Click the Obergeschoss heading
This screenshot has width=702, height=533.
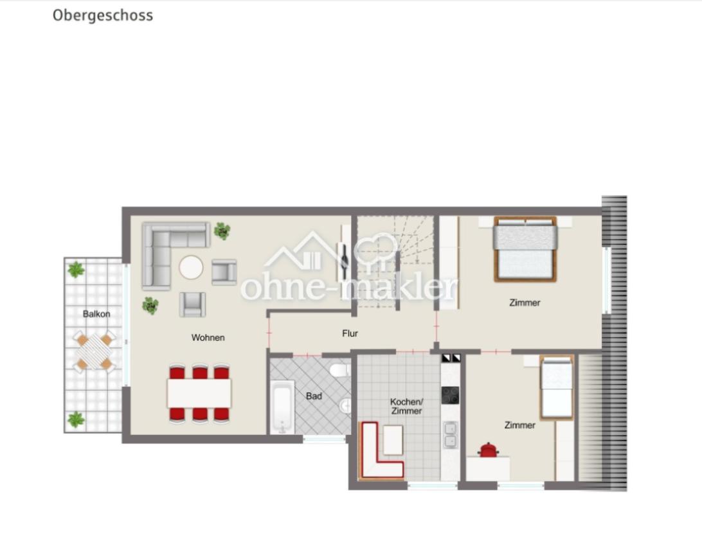(103, 15)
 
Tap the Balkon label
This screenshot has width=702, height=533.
(96, 314)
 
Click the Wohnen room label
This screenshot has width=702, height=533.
(208, 338)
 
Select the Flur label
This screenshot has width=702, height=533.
(350, 333)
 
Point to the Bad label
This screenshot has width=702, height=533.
(314, 396)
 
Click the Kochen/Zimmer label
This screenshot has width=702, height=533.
(406, 406)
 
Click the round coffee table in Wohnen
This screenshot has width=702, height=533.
(191, 267)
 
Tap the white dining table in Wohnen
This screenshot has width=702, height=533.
(199, 393)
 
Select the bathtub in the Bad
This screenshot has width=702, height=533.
(282, 407)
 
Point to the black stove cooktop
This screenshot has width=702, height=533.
(450, 395)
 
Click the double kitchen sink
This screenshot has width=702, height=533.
(450, 435)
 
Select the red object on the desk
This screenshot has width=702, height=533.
(488, 450)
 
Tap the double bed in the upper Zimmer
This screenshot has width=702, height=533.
(525, 249)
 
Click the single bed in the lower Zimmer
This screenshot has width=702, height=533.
(557, 388)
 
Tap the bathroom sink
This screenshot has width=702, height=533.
(346, 406)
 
